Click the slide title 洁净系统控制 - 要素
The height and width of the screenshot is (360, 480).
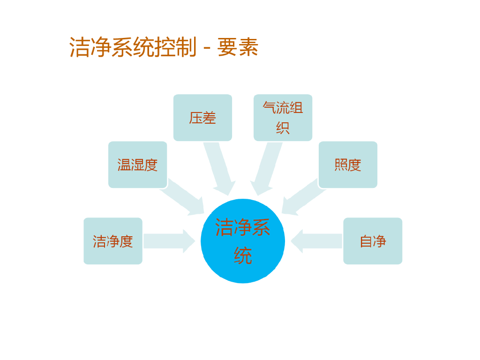(164, 47)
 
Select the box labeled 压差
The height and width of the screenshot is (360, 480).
(202, 118)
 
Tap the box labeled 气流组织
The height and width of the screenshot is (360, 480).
(283, 118)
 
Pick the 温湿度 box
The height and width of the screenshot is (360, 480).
(137, 165)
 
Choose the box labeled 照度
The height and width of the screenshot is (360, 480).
(348, 165)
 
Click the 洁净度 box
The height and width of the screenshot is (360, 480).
(113, 241)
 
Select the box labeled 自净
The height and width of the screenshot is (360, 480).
(373, 241)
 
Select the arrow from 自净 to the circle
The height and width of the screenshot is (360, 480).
(316, 241)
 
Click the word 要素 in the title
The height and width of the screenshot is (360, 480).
(238, 47)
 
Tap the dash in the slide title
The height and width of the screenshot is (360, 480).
(207, 48)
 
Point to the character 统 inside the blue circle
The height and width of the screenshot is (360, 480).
(243, 256)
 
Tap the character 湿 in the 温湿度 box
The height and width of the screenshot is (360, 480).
(137, 165)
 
